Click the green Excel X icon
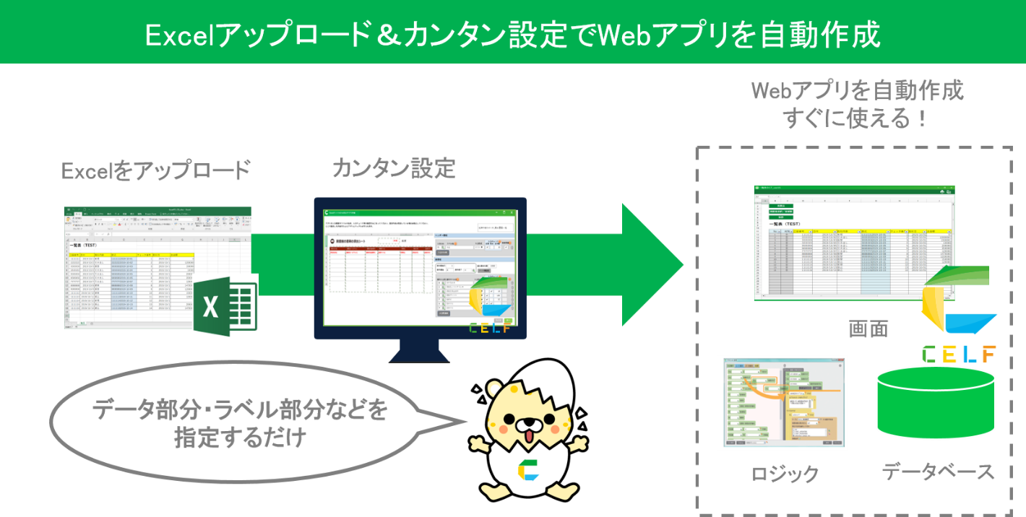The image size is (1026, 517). [225, 307]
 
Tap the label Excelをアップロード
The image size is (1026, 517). [155, 171]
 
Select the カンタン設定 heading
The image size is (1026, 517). [394, 168]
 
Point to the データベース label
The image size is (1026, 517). [938, 472]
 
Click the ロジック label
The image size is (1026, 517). [785, 474]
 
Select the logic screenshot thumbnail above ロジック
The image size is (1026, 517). [783, 402]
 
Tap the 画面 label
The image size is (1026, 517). [868, 329]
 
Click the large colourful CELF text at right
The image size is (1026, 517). [959, 354]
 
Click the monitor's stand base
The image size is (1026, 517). [421, 355]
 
